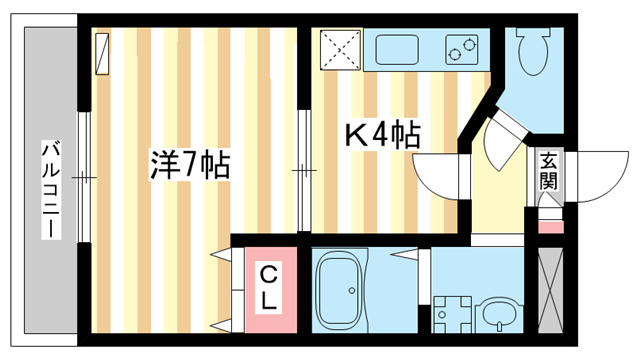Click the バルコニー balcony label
(x=47, y=189)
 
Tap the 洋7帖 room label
(x=190, y=164)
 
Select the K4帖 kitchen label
(x=382, y=135)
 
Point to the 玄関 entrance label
(x=548, y=170)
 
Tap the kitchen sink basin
(x=400, y=48)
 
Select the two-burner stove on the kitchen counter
(x=462, y=47)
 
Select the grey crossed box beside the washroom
(x=552, y=289)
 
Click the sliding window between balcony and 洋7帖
(x=85, y=179)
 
